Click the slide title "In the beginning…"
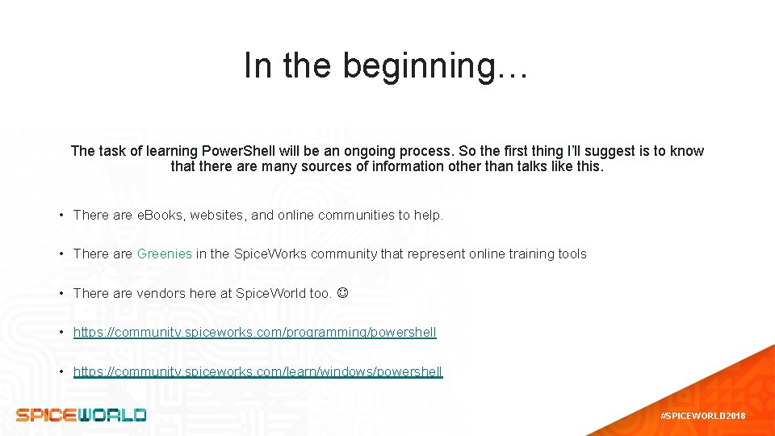386,65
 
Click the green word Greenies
165,254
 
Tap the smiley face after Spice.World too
342,293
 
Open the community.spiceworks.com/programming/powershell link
254,332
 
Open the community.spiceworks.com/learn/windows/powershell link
258,371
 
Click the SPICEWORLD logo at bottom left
81,415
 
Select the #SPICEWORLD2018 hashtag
702,416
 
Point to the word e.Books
161,215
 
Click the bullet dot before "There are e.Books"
61,215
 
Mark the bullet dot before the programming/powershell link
61,332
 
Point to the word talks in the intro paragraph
526,167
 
